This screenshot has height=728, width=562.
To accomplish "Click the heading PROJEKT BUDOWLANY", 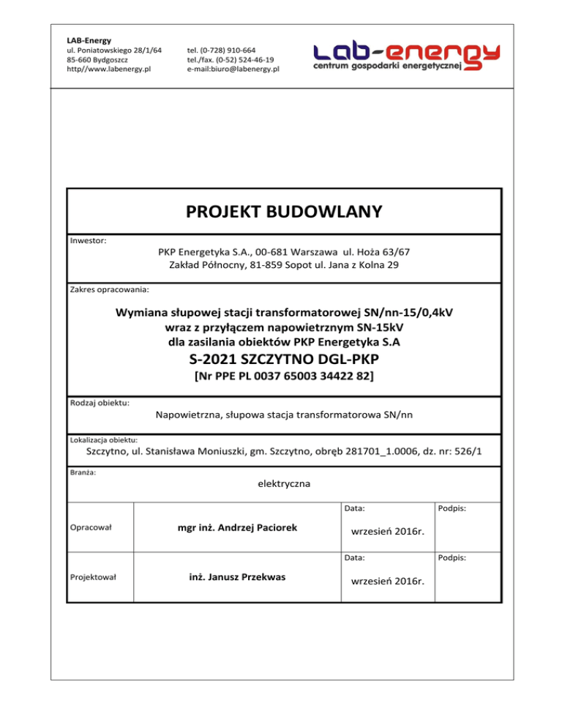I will coord(284,212).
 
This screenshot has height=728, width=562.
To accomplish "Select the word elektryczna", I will coord(284,483).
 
